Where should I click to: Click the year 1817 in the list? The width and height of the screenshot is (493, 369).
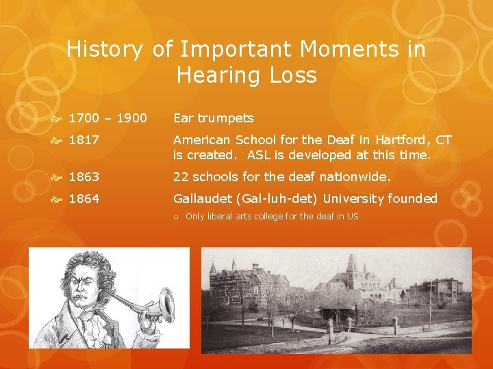click(x=84, y=140)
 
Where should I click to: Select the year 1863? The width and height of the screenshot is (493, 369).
click(x=84, y=177)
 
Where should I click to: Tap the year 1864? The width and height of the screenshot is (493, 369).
click(x=84, y=199)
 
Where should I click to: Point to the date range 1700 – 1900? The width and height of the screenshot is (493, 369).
click(x=108, y=118)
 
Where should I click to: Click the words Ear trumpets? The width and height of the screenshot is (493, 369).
click(x=213, y=118)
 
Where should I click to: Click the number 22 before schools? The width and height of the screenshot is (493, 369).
click(x=181, y=177)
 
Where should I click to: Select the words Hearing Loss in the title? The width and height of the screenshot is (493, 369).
click(x=246, y=75)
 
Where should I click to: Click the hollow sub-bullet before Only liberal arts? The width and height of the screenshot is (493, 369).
click(x=176, y=217)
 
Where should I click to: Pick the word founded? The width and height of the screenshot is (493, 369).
click(x=413, y=199)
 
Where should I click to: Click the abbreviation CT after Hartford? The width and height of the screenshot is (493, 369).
click(x=444, y=140)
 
